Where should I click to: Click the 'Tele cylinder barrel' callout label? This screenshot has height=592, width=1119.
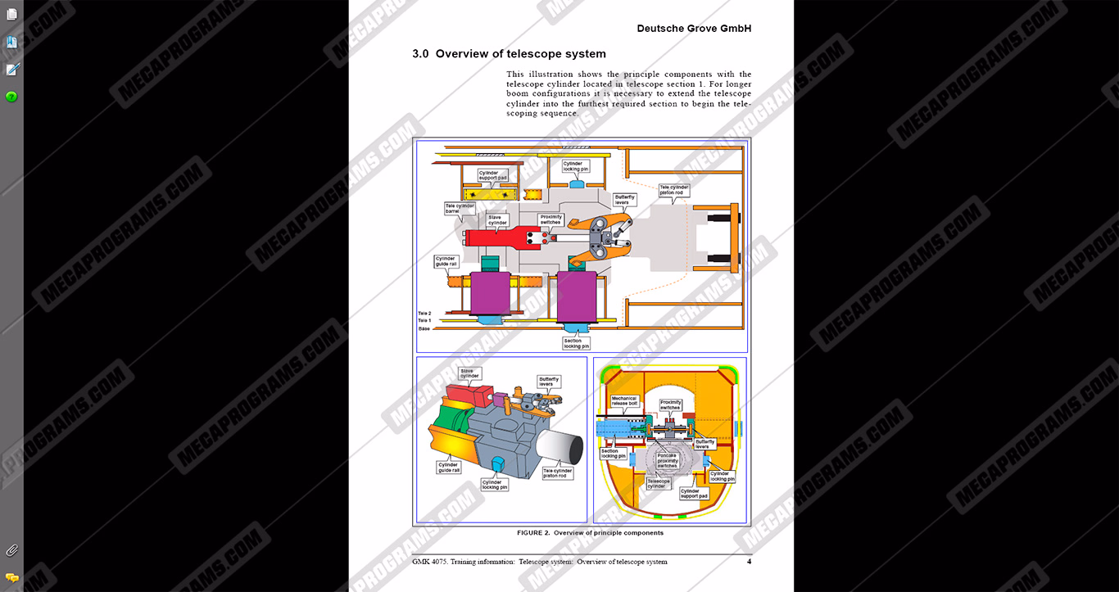(x=459, y=209)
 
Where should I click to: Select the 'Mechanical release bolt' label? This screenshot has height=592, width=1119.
(x=624, y=401)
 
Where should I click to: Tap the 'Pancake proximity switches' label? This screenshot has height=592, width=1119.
(x=668, y=461)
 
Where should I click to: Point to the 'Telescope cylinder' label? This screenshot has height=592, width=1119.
(x=658, y=483)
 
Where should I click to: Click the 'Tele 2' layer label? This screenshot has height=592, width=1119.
(x=424, y=314)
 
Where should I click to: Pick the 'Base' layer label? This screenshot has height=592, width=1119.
(x=424, y=328)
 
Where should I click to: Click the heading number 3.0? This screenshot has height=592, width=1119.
(x=420, y=54)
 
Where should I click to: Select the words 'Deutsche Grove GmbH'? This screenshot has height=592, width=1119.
(x=694, y=29)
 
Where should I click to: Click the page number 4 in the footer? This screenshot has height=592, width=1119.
(x=749, y=562)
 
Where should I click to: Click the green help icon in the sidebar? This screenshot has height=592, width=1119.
(x=11, y=97)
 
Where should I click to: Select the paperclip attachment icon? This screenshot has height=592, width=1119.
(x=11, y=550)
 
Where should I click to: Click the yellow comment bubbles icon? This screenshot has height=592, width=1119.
(x=11, y=577)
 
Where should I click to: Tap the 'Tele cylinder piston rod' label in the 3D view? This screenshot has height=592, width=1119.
(x=557, y=472)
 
